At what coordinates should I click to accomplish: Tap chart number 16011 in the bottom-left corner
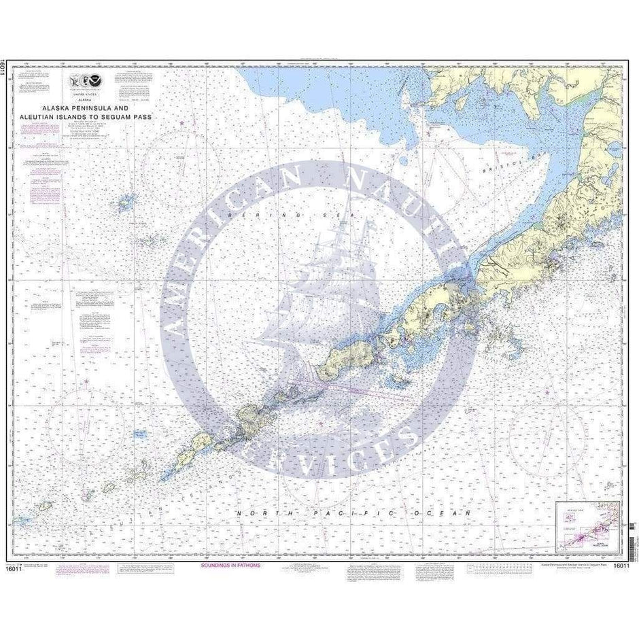pyautogui.click(x=14, y=568)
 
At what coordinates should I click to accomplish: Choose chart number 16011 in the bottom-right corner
pyautogui.click(x=621, y=566)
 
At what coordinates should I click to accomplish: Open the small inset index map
pyautogui.click(x=587, y=527)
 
